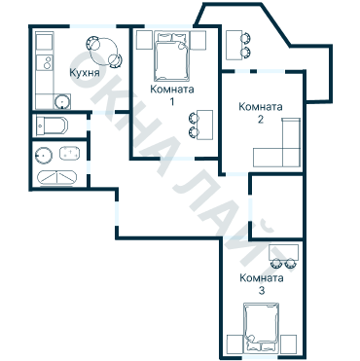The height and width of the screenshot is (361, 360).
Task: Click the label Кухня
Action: pos(85,73)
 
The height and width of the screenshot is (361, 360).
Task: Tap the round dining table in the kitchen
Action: pos(104,52)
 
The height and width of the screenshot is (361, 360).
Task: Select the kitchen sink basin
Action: pos(61,101)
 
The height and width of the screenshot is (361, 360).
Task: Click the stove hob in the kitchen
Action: pos(45,62)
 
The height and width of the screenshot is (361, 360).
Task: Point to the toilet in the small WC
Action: pos(52,126)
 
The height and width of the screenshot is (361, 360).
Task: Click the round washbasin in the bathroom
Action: pos(44,156)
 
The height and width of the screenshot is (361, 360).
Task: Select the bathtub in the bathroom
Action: pos(57,177)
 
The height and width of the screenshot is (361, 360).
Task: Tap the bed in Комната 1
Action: pos(171,56)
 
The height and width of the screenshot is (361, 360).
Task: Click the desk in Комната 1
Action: pos(205,125)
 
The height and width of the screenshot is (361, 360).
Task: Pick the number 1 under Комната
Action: pos(172,102)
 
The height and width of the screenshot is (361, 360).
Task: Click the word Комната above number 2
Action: pos(261,106)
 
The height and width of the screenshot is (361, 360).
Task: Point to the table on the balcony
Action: pos(234,45)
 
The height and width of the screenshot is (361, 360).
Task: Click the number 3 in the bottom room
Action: pos(262,290)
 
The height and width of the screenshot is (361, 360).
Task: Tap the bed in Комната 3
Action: pos(262,327)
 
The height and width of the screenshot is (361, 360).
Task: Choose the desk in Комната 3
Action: pos(283,252)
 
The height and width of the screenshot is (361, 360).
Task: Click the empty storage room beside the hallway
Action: pos(277,206)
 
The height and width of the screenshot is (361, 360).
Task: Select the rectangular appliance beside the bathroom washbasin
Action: pos(69,153)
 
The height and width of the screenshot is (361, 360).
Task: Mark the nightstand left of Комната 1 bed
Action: pos(144,40)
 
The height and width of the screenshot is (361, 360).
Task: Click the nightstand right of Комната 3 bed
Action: pos(288,343)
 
